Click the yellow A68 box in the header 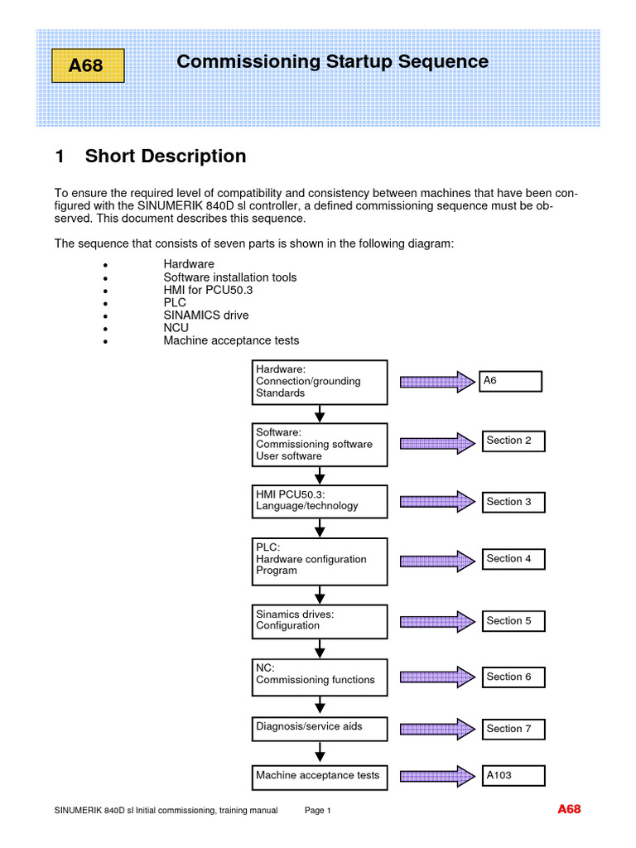88,65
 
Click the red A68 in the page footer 569,809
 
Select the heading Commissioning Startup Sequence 332,62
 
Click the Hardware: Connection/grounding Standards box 319,382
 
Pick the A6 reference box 510,381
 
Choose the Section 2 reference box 513,441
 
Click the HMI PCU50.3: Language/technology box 319,500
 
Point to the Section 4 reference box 513,559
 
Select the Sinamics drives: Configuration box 319,621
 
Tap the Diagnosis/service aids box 319,728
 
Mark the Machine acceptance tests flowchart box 319,777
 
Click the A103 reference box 513,776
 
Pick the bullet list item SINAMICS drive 206,316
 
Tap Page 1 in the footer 318,811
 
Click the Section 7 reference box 513,729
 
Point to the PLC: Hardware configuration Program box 319,559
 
